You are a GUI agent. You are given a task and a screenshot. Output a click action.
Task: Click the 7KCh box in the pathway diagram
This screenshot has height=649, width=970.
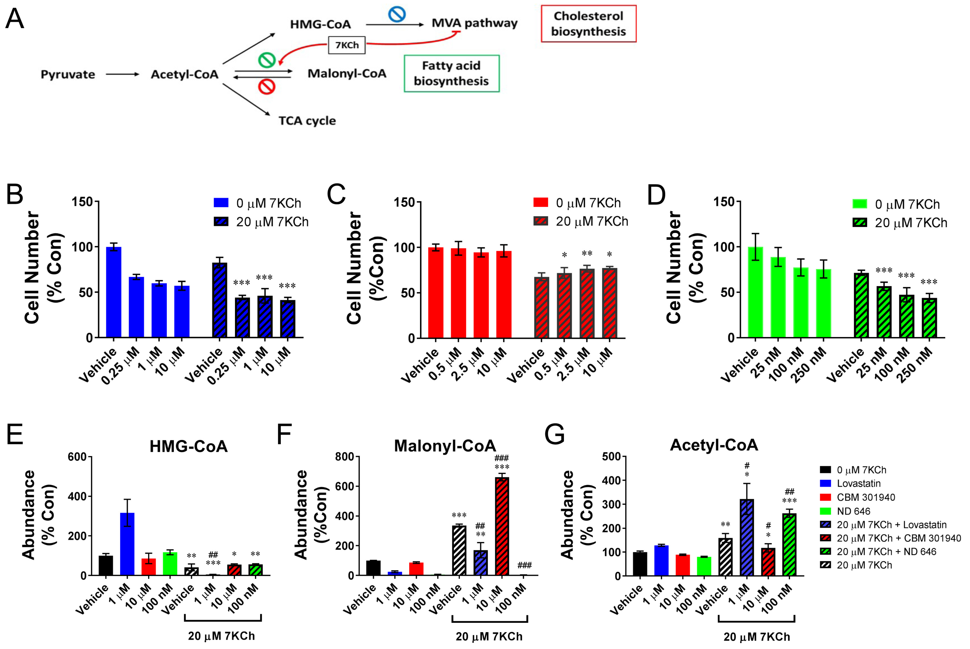[x=347, y=45]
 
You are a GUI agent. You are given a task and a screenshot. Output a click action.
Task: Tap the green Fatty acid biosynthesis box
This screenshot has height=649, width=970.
[x=451, y=74]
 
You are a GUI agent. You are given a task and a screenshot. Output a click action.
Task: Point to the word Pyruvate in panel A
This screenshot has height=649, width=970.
[x=68, y=74]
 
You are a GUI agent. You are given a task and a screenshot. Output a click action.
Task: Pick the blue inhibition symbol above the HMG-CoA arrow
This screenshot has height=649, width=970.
[x=397, y=14]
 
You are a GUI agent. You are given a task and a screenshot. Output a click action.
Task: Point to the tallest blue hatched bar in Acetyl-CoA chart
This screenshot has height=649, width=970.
[x=747, y=537]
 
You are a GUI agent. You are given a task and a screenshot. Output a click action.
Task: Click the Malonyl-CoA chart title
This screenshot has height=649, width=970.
[x=445, y=446]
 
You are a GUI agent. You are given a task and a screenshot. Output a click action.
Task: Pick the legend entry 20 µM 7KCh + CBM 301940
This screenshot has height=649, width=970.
[x=890, y=538]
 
